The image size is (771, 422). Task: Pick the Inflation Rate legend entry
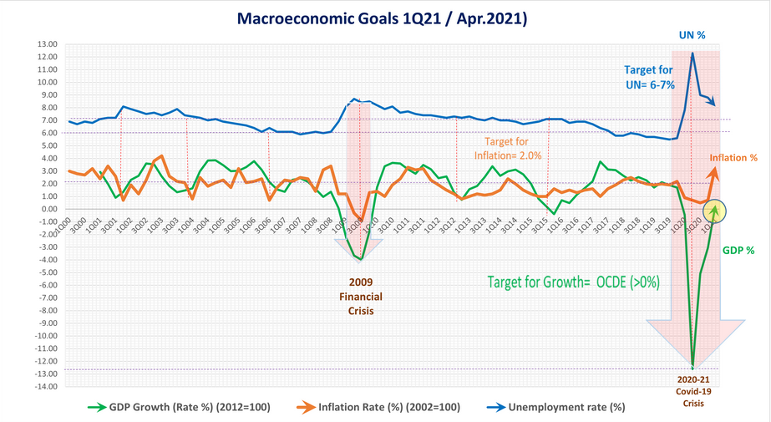389,407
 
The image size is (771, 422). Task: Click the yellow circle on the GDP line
715,212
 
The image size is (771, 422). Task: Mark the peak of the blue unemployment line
692,53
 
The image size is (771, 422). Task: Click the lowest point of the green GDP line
692,366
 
